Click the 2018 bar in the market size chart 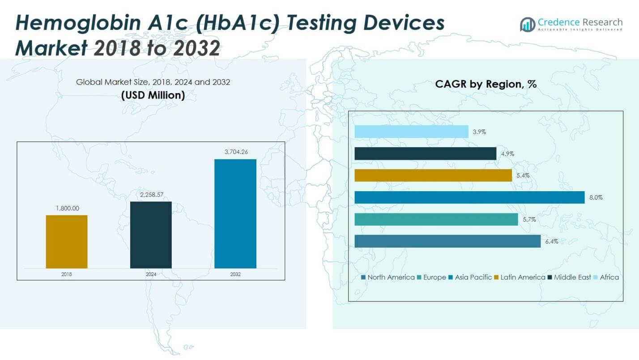tap(67, 242)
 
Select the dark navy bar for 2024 tap(151, 235)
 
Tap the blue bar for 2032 tap(235, 214)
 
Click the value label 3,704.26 tap(235, 152)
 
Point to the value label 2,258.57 tap(151, 194)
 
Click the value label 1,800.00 tap(67, 208)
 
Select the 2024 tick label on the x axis tap(151, 274)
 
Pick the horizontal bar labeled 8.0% tap(469, 197)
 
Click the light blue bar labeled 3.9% tap(411, 132)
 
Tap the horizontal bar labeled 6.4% tap(447, 241)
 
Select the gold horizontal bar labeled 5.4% tap(433, 176)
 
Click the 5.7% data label tap(529, 219)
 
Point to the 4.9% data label tap(507, 154)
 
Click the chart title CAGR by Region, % tap(486, 84)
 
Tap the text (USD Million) tap(153, 95)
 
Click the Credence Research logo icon tap(528, 24)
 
